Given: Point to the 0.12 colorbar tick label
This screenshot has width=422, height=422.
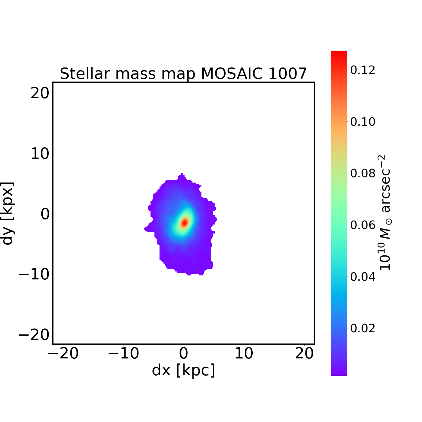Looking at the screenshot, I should pos(363,70).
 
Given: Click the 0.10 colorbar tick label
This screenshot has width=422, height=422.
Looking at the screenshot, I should pos(363,122).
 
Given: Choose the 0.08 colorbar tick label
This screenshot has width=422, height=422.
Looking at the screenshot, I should pos(363,173).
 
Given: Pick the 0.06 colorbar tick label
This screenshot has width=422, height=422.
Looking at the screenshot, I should pos(363,225).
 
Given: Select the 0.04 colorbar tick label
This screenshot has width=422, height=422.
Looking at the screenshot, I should pos(363,277).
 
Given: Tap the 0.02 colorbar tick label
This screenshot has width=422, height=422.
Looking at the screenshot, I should pos(363,328).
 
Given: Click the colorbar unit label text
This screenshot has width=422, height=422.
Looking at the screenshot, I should pos(385,212).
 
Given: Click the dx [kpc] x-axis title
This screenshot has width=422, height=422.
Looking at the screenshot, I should pos(183,370).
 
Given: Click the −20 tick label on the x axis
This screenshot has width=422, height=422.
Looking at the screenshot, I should pos(63,353).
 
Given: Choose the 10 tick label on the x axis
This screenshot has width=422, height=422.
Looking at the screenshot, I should pos(244,353).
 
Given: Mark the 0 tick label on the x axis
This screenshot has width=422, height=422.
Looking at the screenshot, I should pos(183,353).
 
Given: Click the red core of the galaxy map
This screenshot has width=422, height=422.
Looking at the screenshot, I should pos(184,223).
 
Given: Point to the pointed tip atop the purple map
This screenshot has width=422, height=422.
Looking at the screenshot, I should pos(182,174).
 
